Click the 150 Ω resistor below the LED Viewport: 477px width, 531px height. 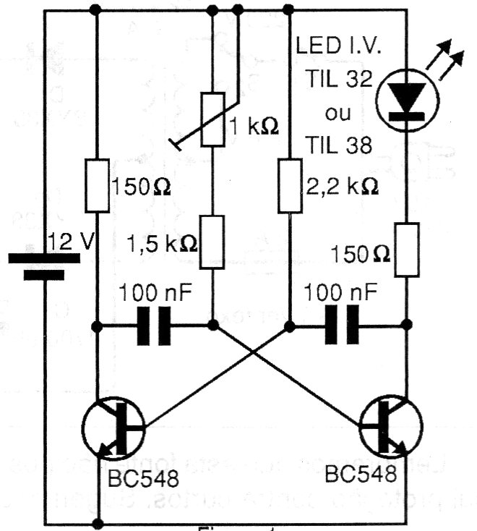pos(407,250)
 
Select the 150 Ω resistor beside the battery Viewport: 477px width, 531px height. pos(97,186)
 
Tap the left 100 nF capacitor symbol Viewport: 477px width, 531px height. pos(153,326)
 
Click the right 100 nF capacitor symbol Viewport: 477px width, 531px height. pos(344,326)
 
